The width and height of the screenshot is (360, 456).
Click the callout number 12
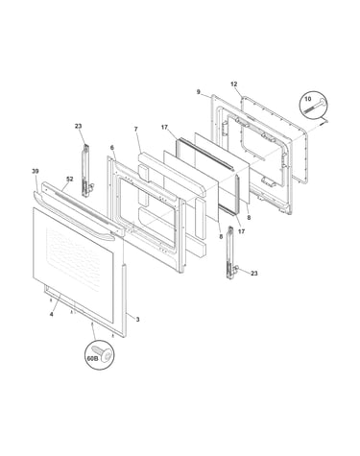point(234,84)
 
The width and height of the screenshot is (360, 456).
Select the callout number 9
point(199,92)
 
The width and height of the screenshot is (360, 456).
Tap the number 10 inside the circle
point(308,99)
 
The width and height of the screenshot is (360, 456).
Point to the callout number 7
point(136,129)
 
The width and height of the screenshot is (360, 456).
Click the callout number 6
point(112,148)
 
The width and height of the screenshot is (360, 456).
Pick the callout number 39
point(36,171)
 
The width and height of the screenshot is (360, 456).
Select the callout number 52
point(69,180)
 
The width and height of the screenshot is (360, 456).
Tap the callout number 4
point(52,314)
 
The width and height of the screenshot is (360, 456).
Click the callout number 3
point(137,319)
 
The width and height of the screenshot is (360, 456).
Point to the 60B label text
point(93,358)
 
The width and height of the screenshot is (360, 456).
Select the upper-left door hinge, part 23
point(86,171)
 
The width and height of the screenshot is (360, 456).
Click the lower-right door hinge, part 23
point(232,252)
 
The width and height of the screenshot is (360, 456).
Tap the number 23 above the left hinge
point(79,126)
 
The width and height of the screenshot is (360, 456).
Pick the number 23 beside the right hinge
point(254,274)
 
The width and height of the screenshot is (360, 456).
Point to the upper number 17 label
point(164,128)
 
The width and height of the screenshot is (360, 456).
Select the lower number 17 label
point(241,231)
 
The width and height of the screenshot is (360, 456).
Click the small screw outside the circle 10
point(324,121)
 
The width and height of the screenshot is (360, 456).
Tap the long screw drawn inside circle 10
point(315,106)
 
